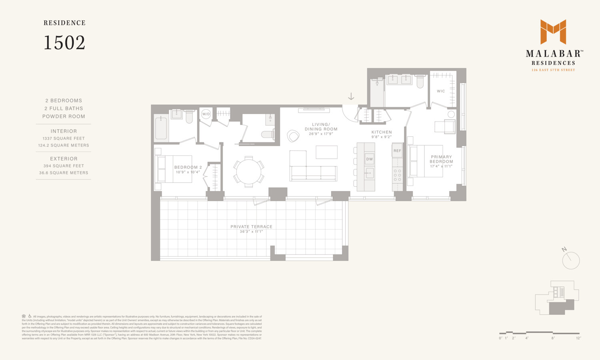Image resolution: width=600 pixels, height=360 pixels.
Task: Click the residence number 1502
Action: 64,43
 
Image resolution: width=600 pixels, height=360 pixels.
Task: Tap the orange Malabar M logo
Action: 553,32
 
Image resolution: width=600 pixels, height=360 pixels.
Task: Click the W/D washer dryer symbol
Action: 206,114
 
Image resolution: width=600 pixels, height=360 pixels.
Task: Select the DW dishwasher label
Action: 369,159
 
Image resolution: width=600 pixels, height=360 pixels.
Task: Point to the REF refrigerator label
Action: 397,151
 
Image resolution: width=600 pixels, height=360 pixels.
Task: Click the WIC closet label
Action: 441,91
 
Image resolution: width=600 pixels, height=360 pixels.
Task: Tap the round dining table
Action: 248,172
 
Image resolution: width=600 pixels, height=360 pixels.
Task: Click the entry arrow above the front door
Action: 351,97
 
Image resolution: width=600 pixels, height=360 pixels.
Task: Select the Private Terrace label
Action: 251,227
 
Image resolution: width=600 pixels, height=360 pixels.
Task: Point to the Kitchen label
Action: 382,132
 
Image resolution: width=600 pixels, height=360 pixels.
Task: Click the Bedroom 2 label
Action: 188,168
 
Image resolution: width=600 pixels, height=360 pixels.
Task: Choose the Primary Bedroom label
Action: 441,160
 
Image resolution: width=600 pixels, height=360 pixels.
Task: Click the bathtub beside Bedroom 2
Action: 161,128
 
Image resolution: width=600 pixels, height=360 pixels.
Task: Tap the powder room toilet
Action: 268,134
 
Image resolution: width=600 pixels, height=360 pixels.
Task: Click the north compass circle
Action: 571,261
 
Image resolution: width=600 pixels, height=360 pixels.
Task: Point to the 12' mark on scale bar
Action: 578,338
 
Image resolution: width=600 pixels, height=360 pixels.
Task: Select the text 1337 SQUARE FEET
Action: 64,138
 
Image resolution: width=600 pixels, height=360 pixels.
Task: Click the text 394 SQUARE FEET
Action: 64,166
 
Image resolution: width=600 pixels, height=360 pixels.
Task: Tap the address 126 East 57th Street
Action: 553,70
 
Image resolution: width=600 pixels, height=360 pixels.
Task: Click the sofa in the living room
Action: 313,173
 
